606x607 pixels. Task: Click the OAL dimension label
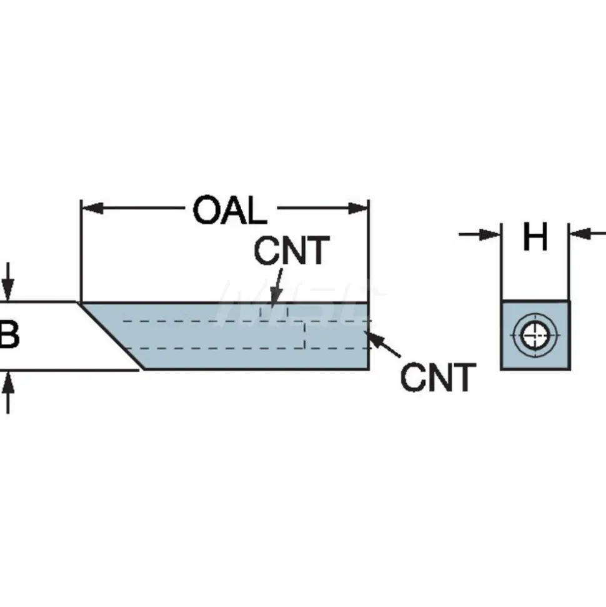click(x=230, y=210)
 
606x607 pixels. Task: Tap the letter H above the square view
click(x=535, y=236)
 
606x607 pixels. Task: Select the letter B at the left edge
click(x=9, y=335)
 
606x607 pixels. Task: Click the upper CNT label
click(x=292, y=251)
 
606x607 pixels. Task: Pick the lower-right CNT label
click(x=438, y=377)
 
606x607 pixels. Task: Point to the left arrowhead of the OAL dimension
click(x=92, y=208)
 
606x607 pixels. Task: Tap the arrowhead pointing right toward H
click(x=490, y=234)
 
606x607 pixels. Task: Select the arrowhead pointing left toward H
click(x=580, y=234)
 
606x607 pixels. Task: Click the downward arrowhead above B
click(x=7, y=289)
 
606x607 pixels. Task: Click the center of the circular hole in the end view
click(x=535, y=335)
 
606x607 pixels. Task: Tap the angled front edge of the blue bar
click(x=111, y=336)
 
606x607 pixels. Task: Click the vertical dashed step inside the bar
click(x=304, y=335)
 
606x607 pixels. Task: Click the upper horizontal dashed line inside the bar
click(x=246, y=321)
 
